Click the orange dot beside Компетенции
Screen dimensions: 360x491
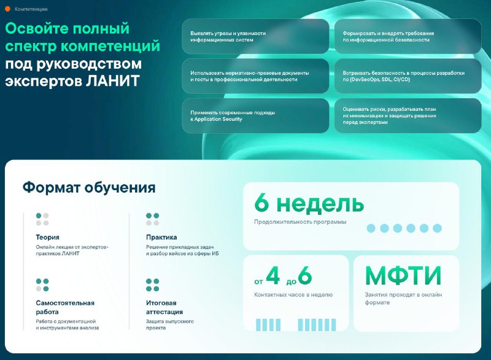(x=8, y=9)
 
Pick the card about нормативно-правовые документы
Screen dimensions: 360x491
(x=255, y=76)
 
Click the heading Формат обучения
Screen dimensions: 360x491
(x=89, y=187)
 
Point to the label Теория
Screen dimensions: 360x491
(x=48, y=237)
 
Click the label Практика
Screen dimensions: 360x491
(x=161, y=237)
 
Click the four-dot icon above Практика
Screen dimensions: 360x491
(x=153, y=220)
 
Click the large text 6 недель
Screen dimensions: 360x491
(x=305, y=203)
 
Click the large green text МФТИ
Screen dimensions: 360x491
(x=403, y=276)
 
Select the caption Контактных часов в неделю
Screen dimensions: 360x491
(x=293, y=295)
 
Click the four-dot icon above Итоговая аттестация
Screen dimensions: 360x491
(x=153, y=285)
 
